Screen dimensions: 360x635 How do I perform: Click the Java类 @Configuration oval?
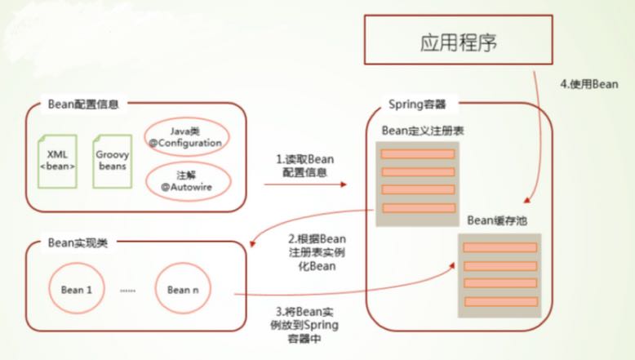click(184, 136)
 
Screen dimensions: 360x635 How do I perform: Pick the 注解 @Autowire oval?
click(184, 181)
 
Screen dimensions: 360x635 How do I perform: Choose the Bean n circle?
click(183, 289)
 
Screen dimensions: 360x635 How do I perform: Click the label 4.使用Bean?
click(588, 83)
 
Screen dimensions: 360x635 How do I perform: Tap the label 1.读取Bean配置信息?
click(304, 167)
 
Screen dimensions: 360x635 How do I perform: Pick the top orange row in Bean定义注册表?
click(417, 154)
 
